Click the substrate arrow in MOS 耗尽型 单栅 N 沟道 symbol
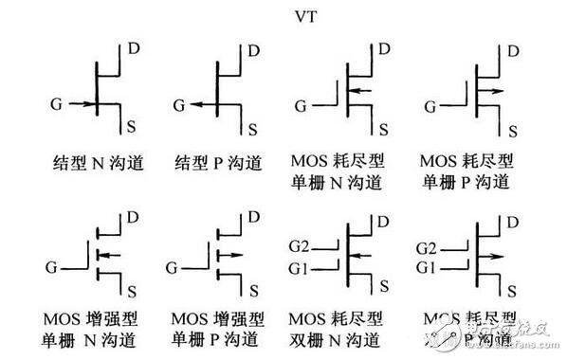[357, 91]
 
